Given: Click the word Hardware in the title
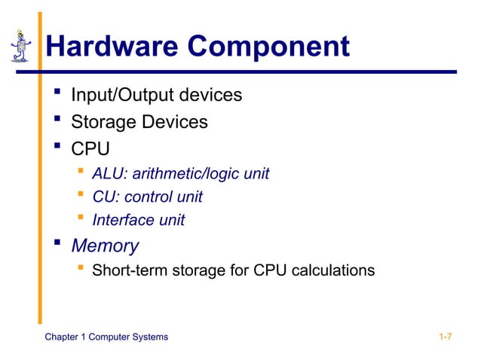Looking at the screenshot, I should pos(112,47).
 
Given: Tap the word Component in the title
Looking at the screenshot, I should pos(268,47).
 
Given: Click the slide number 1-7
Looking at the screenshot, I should pos(445,336).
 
